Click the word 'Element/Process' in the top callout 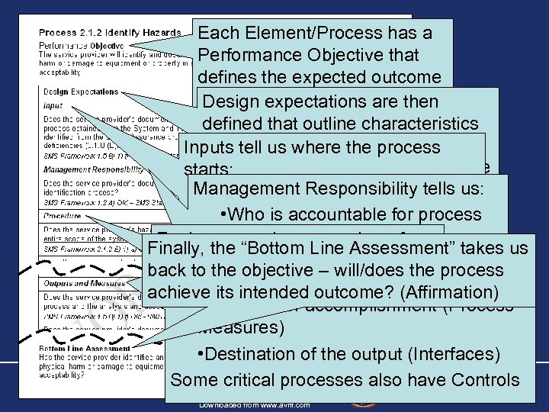click(x=319, y=34)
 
